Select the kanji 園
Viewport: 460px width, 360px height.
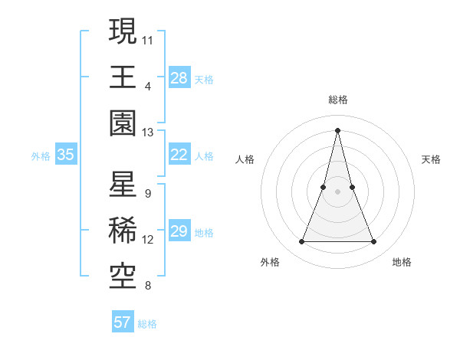point(123,123)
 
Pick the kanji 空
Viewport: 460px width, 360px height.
point(123,277)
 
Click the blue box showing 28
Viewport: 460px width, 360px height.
point(179,77)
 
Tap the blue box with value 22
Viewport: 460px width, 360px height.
point(179,155)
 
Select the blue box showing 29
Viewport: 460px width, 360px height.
point(179,231)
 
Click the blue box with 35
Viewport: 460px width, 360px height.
point(66,155)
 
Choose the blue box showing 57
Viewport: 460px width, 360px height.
point(123,322)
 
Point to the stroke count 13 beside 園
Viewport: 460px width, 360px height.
point(148,133)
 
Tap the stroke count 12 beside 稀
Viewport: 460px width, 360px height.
point(148,240)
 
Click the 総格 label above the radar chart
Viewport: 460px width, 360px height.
point(337,100)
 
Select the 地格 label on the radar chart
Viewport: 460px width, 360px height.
point(402,262)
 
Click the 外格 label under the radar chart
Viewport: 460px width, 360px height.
point(270,262)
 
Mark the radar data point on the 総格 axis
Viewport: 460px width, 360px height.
point(337,129)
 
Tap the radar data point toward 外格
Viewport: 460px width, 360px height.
point(301,242)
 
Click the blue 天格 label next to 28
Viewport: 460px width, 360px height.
point(204,79)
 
